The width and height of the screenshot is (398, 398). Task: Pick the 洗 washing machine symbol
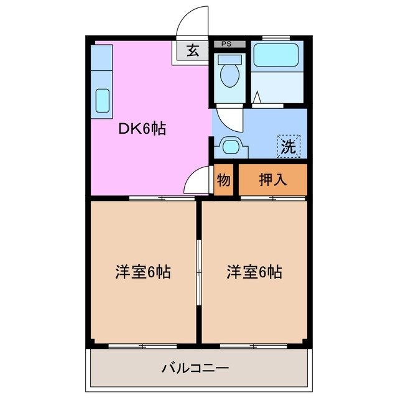[288, 146]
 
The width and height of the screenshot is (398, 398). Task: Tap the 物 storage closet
[224, 180]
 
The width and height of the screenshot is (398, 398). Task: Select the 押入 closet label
[273, 180]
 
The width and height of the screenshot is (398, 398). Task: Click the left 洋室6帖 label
[142, 272]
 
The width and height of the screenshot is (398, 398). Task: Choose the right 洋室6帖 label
[254, 272]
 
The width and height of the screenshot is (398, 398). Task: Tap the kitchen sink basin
[102, 100]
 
